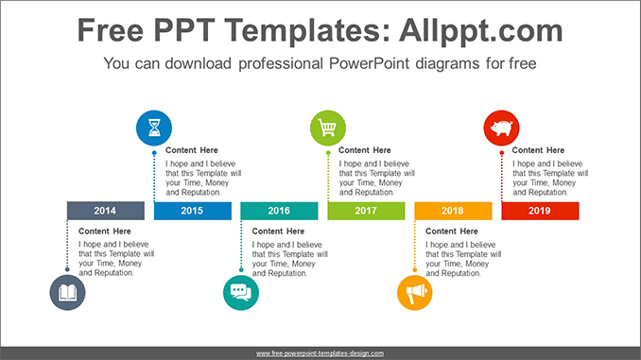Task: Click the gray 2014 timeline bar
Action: click(105, 211)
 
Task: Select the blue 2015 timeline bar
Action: click(192, 211)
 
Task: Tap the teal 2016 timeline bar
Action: click(279, 211)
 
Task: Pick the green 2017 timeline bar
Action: click(366, 211)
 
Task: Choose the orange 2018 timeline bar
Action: click(453, 211)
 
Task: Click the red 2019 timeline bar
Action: click(540, 211)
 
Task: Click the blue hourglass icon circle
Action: click(154, 128)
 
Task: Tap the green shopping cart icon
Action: click(328, 128)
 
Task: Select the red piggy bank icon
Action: click(501, 128)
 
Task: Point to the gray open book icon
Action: click(67, 293)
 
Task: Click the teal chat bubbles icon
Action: click(240, 293)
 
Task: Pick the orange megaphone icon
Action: click(414, 293)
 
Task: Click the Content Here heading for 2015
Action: click(192, 150)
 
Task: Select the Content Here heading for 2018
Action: click(452, 231)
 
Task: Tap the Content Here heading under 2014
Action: click(105, 231)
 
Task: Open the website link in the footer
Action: click(320, 352)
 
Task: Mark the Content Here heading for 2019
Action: click(538, 150)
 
